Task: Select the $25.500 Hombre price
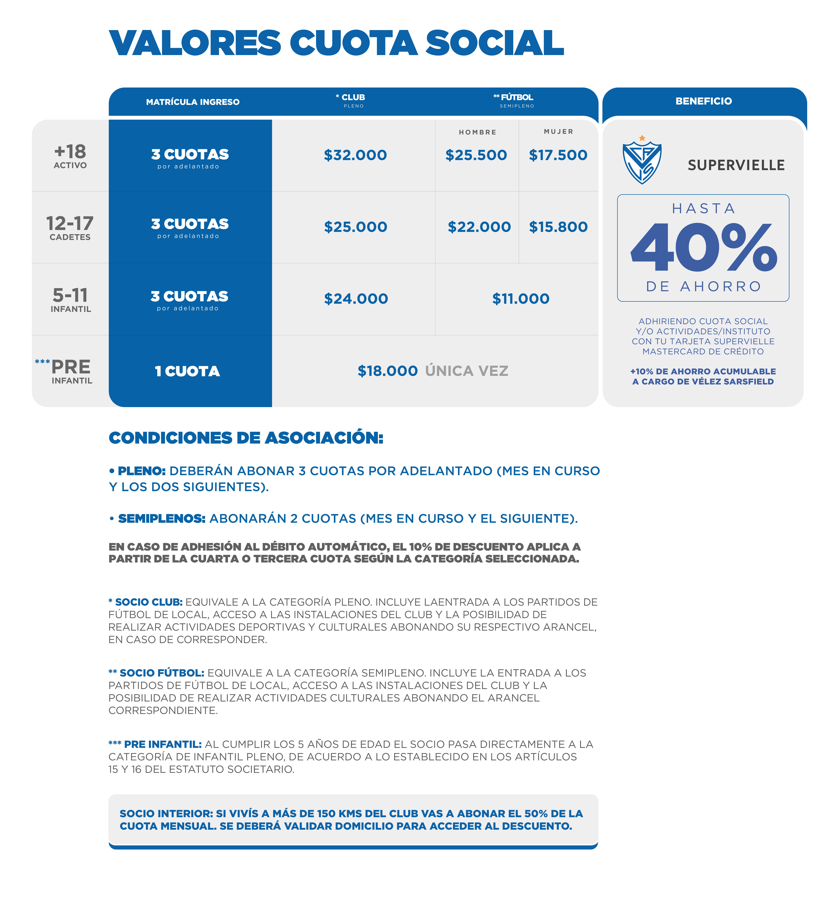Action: tap(476, 155)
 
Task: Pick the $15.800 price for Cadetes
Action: tap(558, 227)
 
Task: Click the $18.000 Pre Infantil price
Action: tap(387, 371)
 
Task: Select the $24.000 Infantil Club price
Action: tap(356, 299)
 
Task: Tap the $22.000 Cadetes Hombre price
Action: tap(479, 227)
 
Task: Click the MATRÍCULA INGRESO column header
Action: tap(193, 102)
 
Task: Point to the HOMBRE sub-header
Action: tap(477, 132)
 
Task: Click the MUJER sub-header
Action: tap(558, 131)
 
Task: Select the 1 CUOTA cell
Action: tap(187, 371)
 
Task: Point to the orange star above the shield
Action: tap(642, 138)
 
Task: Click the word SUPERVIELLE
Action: tap(736, 165)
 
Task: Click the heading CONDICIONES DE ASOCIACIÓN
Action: tap(246, 438)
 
